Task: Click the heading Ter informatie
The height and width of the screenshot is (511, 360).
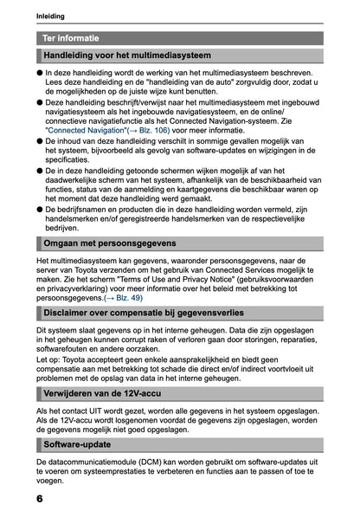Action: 71,39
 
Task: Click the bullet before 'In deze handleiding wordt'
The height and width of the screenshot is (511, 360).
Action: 40,74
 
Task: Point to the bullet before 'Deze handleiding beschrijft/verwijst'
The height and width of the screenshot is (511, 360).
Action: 40,101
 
